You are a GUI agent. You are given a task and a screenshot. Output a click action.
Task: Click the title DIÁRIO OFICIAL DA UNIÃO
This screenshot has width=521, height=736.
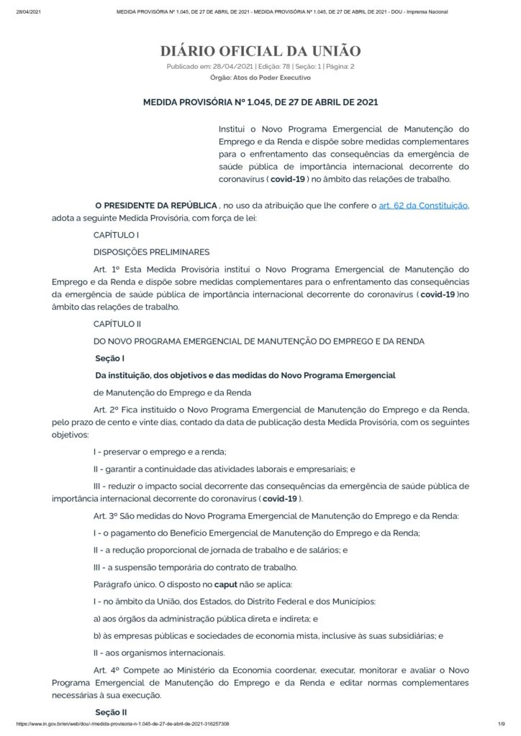click(260, 51)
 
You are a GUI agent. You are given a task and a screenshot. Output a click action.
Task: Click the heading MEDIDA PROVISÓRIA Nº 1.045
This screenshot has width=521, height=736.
click(260, 102)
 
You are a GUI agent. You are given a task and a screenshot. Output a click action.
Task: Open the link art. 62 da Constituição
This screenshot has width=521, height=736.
click(424, 205)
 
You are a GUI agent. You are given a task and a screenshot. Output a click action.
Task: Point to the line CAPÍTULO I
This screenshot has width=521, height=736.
click(116, 235)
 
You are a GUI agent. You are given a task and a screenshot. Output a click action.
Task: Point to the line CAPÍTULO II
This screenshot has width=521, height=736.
click(117, 323)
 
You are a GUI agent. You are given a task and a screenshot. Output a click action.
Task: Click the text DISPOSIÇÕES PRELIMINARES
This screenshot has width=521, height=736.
click(151, 252)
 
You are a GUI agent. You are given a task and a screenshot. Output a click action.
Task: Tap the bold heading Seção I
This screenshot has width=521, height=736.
click(110, 358)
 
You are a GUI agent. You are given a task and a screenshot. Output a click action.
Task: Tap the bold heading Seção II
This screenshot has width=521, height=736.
click(111, 712)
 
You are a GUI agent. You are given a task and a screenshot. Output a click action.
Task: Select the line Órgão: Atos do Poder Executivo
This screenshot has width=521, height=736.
click(260, 77)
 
